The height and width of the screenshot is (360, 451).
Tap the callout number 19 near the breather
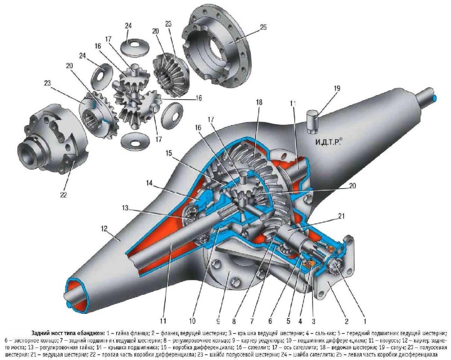[337, 89]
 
